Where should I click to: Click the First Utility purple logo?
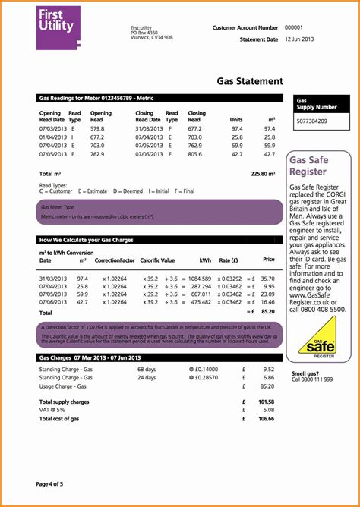(x=58, y=27)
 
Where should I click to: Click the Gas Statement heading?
(x=250, y=81)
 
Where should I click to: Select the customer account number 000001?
(x=293, y=27)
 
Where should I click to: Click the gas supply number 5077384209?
(x=311, y=121)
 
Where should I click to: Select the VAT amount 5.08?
(x=268, y=410)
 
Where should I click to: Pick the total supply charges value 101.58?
(x=266, y=402)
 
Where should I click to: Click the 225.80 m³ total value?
(x=263, y=174)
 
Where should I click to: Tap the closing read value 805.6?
(x=195, y=153)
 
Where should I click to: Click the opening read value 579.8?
(x=96, y=129)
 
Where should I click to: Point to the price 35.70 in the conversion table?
(x=267, y=279)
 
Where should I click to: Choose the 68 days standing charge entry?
(x=146, y=369)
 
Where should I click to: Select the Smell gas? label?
(x=305, y=373)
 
